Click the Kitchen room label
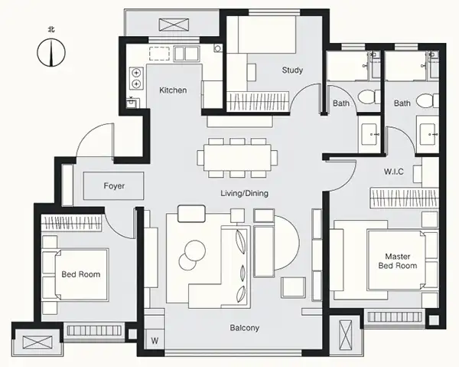point(173,90)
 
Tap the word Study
point(292,70)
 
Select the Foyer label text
point(114,186)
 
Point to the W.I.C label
point(394,172)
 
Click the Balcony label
point(245,328)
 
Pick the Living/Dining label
point(245,194)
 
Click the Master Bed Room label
point(398,261)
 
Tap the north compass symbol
point(51,52)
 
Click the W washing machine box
point(155,340)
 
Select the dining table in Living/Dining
point(237,158)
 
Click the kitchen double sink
point(187,54)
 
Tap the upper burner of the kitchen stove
point(136,72)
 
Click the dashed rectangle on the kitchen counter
point(160,54)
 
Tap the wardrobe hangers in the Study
point(258,101)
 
